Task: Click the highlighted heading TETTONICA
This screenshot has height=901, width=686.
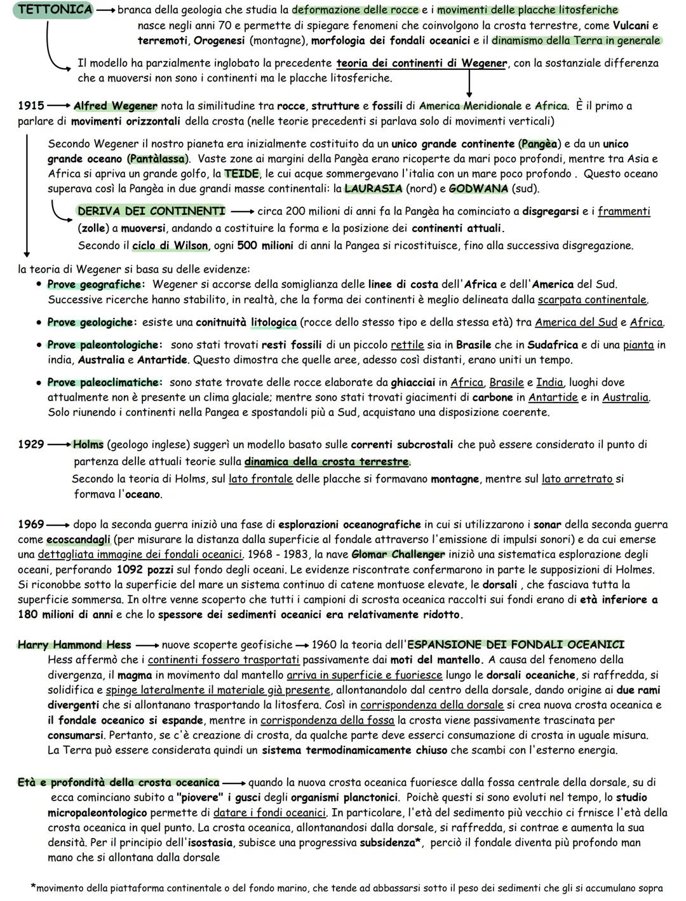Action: click(53, 10)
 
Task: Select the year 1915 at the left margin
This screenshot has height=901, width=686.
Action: click(31, 106)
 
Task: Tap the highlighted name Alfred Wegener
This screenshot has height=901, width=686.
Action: click(115, 106)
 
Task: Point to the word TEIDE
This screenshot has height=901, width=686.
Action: click(241, 174)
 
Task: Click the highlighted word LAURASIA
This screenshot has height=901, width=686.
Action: click(373, 189)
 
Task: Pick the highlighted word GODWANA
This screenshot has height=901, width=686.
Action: click(478, 189)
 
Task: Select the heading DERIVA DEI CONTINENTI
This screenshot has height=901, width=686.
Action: click(151, 211)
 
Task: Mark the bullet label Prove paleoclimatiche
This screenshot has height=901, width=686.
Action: click(104, 383)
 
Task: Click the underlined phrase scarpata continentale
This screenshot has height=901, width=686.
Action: click(592, 299)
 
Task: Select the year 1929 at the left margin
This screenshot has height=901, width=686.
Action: click(31, 444)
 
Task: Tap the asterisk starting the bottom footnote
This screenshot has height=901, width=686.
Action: click(33, 887)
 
